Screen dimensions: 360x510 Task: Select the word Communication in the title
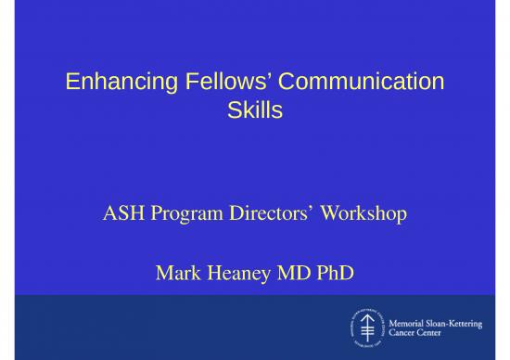click(352, 83)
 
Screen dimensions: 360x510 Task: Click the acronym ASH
click(121, 215)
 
